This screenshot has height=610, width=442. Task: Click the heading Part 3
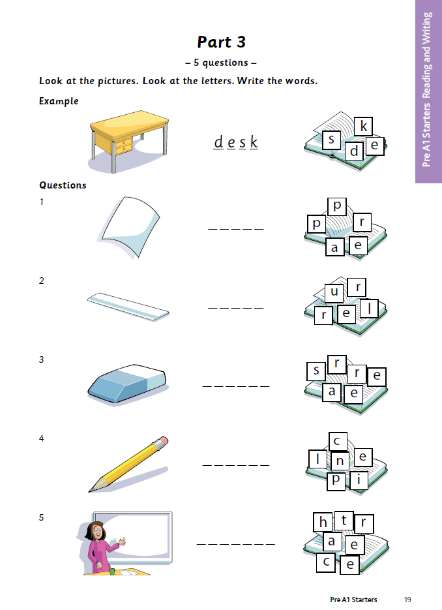221,42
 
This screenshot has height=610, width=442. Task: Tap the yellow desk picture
129,141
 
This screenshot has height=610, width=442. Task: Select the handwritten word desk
235,142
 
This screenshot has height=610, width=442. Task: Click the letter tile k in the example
364,126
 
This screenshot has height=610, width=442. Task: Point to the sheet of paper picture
129,227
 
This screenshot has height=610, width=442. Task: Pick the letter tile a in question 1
334,247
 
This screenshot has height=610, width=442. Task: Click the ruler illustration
128,307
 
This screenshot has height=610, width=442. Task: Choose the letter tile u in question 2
334,292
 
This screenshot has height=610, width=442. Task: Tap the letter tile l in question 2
369,309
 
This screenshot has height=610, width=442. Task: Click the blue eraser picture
128,384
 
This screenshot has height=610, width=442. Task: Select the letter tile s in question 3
316,371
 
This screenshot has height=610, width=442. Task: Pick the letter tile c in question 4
338,442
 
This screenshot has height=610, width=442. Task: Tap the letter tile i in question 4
359,480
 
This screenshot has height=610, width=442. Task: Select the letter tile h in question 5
323,522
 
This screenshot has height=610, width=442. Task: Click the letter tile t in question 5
344,521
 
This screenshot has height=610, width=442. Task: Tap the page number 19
407,600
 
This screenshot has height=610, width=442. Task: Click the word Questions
63,185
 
